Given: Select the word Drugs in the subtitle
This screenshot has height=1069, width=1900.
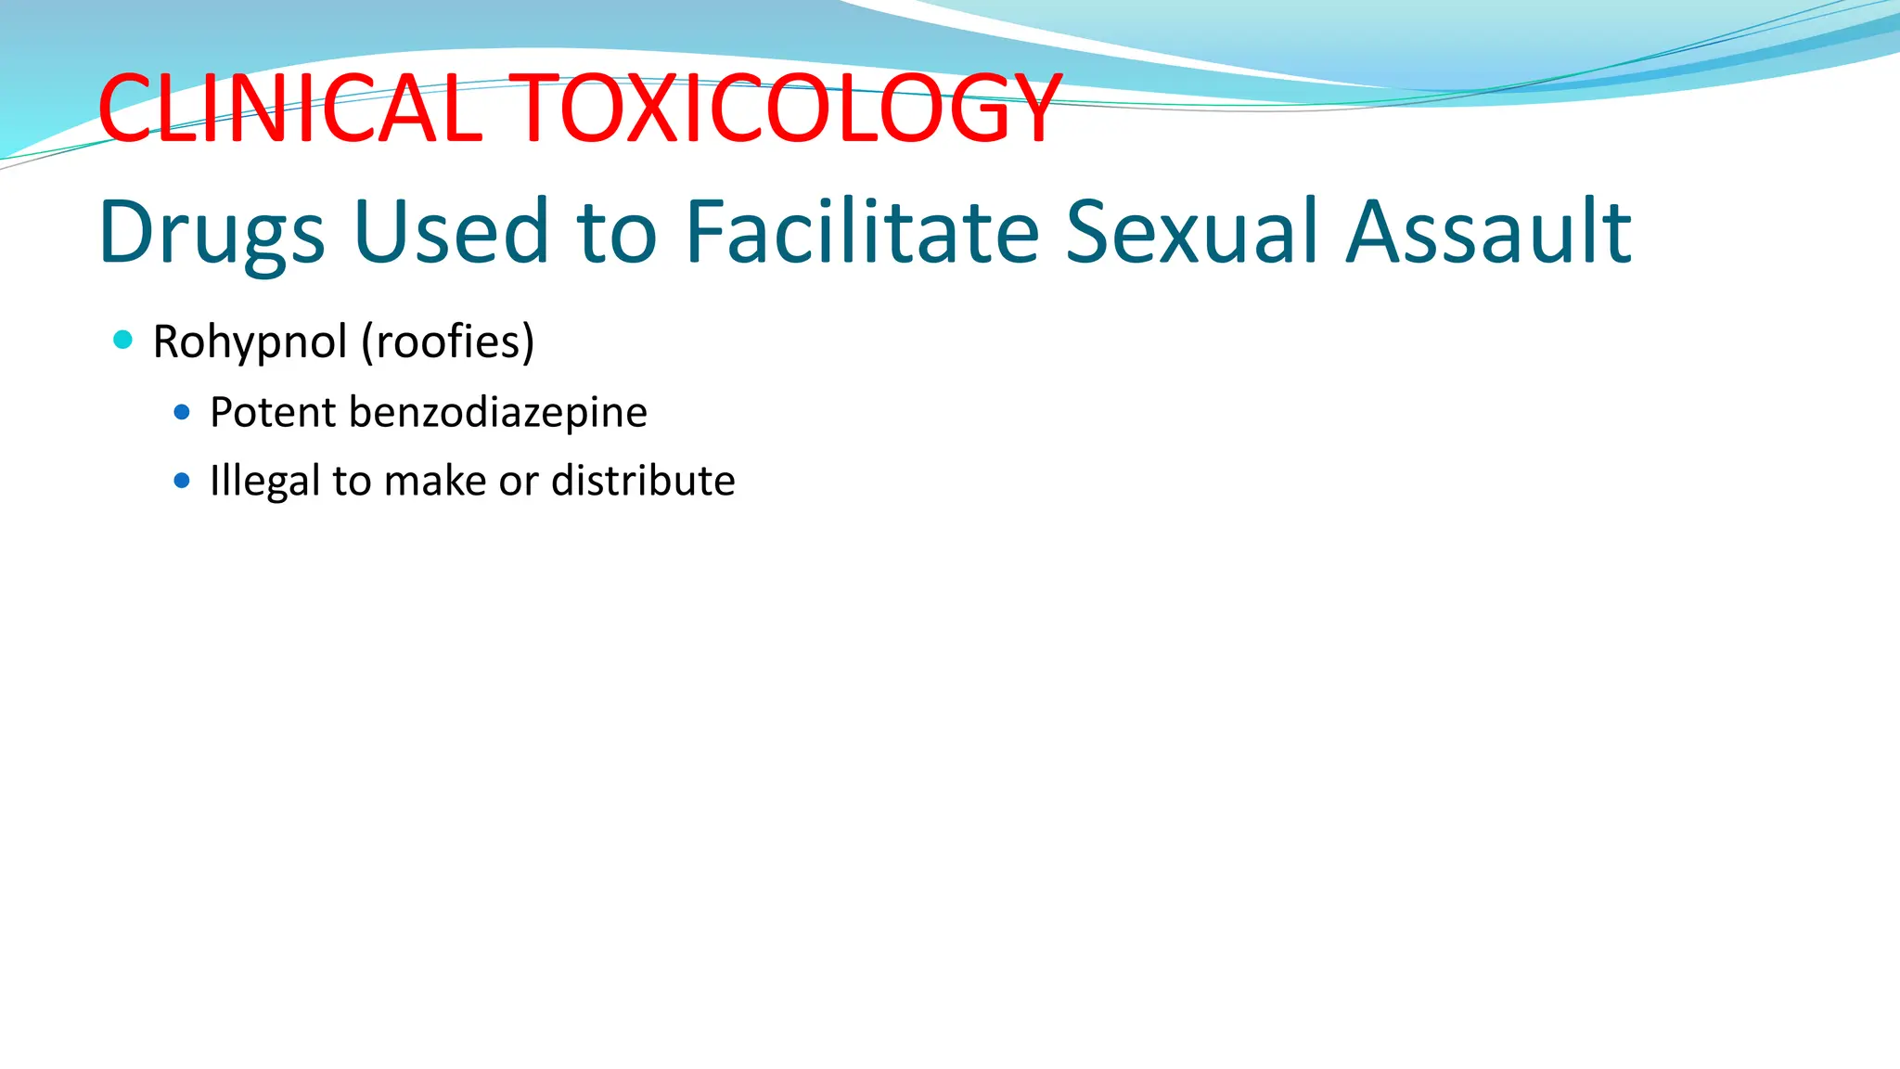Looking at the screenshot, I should (x=212, y=232).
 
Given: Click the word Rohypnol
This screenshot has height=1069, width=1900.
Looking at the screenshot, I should (x=250, y=342).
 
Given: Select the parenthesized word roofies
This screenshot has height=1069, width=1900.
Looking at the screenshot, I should (x=449, y=341).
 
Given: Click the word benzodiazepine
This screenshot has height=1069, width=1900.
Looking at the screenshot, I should (x=498, y=413).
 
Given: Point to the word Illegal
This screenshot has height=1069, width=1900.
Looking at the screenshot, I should (x=264, y=482).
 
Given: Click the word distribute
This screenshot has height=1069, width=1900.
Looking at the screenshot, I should (x=643, y=481).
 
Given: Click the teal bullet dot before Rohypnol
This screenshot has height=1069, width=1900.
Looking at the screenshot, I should (x=122, y=340).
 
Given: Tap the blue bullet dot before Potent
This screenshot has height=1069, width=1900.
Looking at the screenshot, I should (x=182, y=411).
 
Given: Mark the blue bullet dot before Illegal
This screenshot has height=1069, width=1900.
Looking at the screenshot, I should (x=182, y=481).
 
